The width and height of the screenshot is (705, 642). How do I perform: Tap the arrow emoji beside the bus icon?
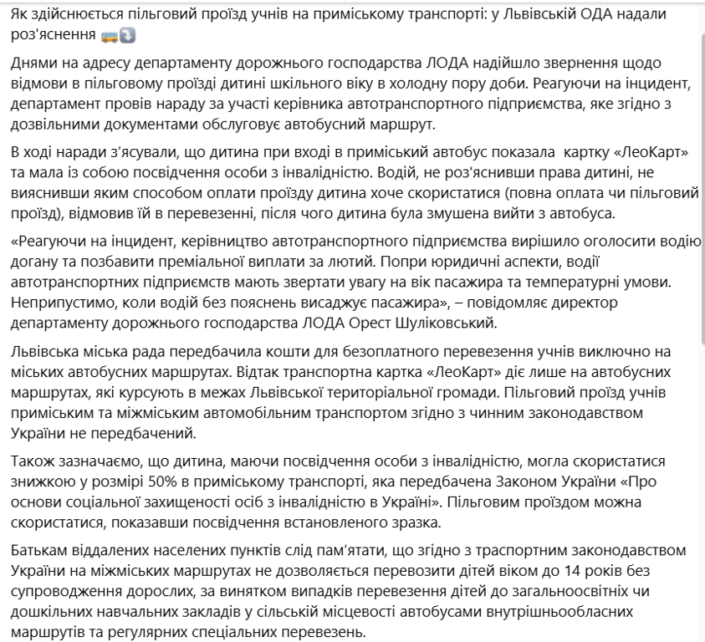click(x=127, y=37)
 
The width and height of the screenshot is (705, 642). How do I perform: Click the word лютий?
click(x=350, y=263)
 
